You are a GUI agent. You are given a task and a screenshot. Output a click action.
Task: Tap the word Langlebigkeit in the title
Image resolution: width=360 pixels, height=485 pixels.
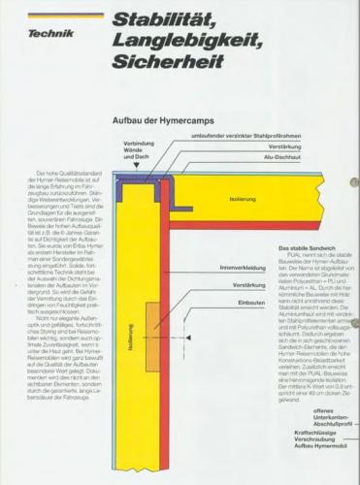[176, 42]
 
